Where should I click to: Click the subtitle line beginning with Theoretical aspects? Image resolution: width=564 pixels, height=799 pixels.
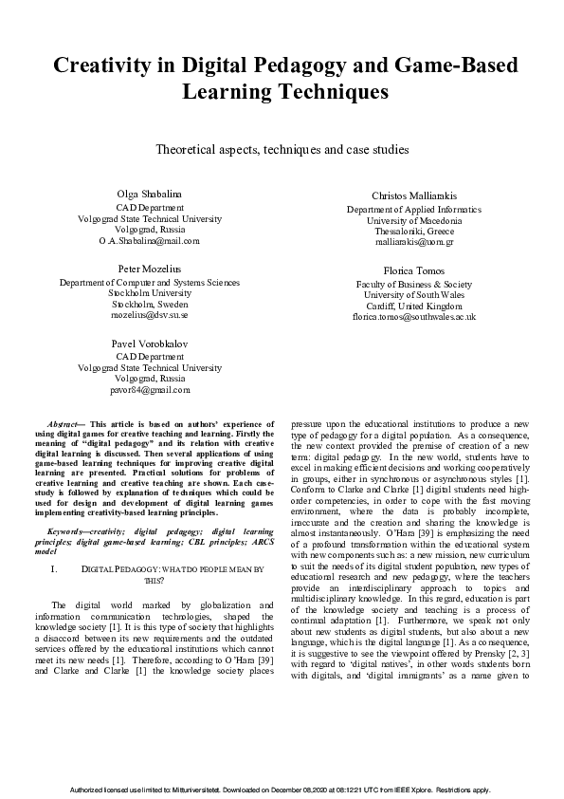[282, 149]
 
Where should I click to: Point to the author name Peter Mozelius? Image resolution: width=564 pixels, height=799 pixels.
[149, 269]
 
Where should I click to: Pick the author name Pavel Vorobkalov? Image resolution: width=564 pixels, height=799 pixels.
[149, 344]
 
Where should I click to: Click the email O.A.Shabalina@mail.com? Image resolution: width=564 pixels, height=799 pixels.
[149, 241]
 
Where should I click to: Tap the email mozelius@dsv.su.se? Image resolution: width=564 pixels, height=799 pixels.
[149, 316]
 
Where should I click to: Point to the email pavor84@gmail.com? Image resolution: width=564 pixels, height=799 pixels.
[149, 390]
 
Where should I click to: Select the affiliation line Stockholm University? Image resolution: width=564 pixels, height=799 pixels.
[149, 293]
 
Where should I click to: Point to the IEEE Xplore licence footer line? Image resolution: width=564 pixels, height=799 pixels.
[282, 790]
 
